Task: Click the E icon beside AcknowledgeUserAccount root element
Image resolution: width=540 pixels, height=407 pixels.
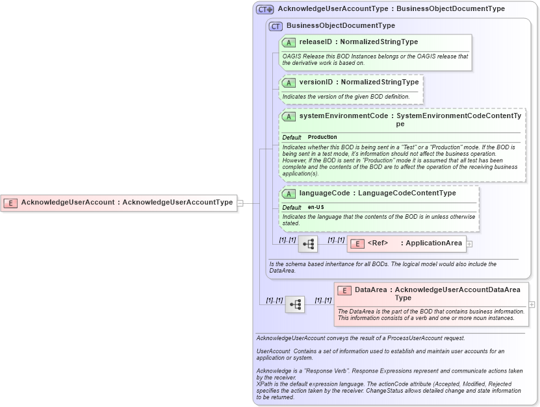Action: [10, 203]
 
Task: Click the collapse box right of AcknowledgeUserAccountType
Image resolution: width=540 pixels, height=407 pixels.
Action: [240, 203]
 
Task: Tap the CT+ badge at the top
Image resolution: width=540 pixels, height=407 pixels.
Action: [264, 9]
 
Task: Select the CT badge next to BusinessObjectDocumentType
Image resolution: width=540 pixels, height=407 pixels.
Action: [276, 26]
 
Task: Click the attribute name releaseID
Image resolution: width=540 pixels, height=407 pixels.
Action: [315, 42]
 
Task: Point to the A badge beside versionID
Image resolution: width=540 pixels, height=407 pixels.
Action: [289, 82]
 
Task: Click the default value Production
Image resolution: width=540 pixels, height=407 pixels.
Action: [322, 137]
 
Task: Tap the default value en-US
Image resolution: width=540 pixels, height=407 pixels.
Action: [316, 207]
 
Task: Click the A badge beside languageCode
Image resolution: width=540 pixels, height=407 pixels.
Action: [289, 193]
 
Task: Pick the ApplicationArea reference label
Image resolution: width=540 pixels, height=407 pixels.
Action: [433, 243]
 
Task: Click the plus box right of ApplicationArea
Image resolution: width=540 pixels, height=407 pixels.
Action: [469, 243]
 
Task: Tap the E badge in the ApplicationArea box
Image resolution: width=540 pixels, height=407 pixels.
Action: [357, 243]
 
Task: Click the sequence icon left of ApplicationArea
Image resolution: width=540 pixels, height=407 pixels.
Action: [308, 244]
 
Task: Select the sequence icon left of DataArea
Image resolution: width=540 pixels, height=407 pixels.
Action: [295, 304]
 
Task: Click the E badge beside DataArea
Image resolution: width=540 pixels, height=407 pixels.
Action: [344, 290]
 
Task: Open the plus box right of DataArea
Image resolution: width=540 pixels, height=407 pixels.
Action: [532, 304]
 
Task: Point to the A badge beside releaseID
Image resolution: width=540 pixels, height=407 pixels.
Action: [289, 42]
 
